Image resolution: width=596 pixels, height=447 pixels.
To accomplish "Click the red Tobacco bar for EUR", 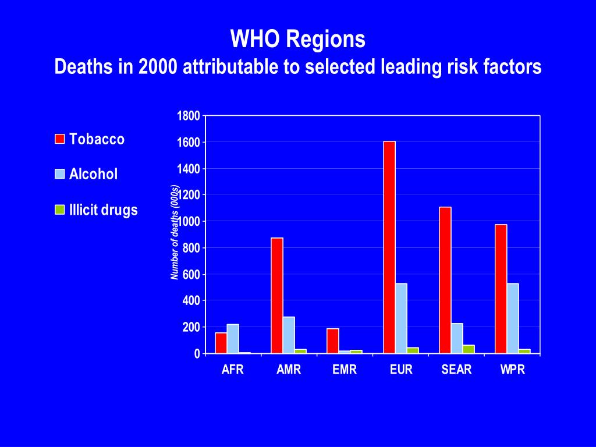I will click(389, 247).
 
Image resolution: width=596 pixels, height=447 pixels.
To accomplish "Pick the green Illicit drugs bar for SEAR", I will click(469, 349).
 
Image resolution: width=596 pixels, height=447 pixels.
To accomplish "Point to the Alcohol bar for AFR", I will click(233, 339).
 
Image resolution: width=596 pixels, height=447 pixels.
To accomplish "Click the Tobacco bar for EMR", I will click(333, 341).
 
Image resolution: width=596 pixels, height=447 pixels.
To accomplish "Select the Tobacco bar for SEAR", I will click(445, 280).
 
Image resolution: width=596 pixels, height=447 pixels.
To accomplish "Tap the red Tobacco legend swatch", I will click(59, 139).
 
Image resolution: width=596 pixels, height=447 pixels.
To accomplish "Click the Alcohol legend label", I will click(93, 174).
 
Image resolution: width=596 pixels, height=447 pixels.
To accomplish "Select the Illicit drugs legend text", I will click(103, 210).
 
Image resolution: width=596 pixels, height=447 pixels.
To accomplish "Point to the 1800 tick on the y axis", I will click(189, 116).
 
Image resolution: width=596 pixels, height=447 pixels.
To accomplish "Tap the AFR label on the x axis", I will click(233, 370).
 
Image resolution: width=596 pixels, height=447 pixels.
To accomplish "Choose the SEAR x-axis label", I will click(457, 370).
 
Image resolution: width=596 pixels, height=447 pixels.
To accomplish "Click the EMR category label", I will click(345, 370).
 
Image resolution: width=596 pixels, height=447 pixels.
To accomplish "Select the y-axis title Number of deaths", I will click(175, 233).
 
